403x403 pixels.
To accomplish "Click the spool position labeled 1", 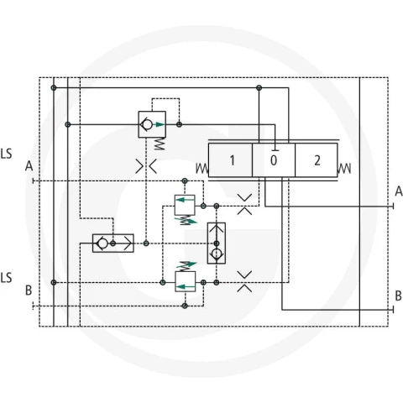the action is pyautogui.click(x=230, y=160).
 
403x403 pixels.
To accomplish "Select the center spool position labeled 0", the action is pyautogui.click(x=274, y=160).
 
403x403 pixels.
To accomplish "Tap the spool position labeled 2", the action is pyautogui.click(x=317, y=160).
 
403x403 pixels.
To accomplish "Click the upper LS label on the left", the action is pyautogui.click(x=6, y=154).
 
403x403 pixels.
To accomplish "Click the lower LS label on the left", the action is pyautogui.click(x=6, y=278).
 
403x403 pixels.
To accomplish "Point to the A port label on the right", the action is pyautogui.click(x=399, y=191).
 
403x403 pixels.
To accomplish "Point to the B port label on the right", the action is pyautogui.click(x=398, y=296).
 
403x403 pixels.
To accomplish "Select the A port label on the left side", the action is pyautogui.click(x=29, y=166).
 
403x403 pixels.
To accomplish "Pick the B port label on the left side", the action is pyautogui.click(x=29, y=290).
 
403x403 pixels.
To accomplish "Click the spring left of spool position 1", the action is pyautogui.click(x=202, y=168).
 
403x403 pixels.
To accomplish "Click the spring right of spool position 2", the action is pyautogui.click(x=344, y=168).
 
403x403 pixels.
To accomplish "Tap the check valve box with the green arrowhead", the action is pyautogui.click(x=152, y=124).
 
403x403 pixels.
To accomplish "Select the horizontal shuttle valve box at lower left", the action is pyautogui.click(x=113, y=243).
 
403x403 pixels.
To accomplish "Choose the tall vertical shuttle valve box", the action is pyautogui.click(x=217, y=243).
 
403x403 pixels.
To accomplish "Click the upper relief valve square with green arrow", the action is pyautogui.click(x=185, y=205).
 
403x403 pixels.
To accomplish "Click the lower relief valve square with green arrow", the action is pyautogui.click(x=186, y=281).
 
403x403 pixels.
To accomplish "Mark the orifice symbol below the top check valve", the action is pyautogui.click(x=146, y=166).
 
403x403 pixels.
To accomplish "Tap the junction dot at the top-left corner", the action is pyautogui.click(x=54, y=88).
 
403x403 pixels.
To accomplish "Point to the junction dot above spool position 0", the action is pyautogui.click(x=259, y=88).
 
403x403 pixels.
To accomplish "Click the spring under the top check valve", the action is pyautogui.click(x=160, y=144).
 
